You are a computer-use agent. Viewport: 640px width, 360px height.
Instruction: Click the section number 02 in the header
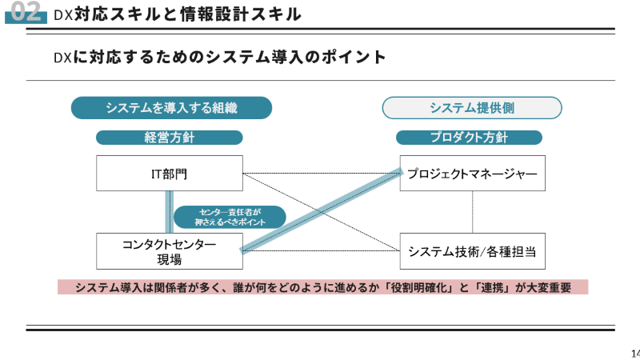coord(25,13)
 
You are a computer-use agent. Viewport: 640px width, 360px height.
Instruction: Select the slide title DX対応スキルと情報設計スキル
coord(176,14)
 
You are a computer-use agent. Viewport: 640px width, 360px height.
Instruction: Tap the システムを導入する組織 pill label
coord(171,108)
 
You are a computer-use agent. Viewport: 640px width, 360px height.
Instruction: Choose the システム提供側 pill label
coord(471,108)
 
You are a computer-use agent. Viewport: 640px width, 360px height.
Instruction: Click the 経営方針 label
coord(169,138)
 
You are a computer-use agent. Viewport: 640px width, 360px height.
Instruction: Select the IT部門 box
coord(169,174)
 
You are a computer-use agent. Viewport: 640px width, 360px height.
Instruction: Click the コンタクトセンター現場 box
coord(169,251)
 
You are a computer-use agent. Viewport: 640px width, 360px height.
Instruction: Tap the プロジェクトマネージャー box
coord(472,174)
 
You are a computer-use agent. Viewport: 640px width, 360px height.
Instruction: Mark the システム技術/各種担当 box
coord(472,251)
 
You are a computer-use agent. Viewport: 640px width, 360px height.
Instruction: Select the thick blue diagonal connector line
coord(320,211)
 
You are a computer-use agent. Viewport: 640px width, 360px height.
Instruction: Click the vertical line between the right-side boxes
coord(472,212)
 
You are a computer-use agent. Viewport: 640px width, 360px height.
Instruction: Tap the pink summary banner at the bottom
coord(322,287)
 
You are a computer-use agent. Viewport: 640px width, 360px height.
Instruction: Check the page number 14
coord(635,353)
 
